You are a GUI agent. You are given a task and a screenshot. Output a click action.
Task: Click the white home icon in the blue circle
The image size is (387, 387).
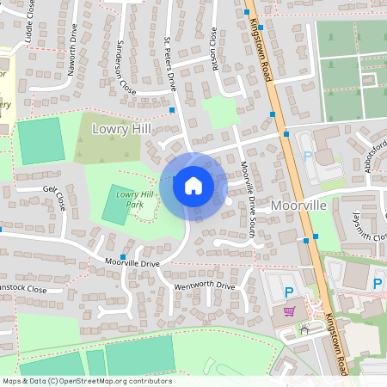[193, 185]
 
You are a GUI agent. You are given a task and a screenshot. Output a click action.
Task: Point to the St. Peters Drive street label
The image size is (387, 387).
[170, 64]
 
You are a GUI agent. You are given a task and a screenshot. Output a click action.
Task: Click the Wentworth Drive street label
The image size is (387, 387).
[204, 286]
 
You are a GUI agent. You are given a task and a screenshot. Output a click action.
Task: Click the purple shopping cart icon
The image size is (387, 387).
[289, 311]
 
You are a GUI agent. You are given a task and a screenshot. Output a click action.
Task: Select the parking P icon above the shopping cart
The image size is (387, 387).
[289, 293]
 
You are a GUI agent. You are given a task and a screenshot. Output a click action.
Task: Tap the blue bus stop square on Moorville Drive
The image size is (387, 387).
[123, 257]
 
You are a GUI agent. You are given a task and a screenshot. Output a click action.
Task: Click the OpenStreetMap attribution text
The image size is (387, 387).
[87, 381]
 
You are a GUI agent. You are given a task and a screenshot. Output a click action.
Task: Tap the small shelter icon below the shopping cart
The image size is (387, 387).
[304, 329]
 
